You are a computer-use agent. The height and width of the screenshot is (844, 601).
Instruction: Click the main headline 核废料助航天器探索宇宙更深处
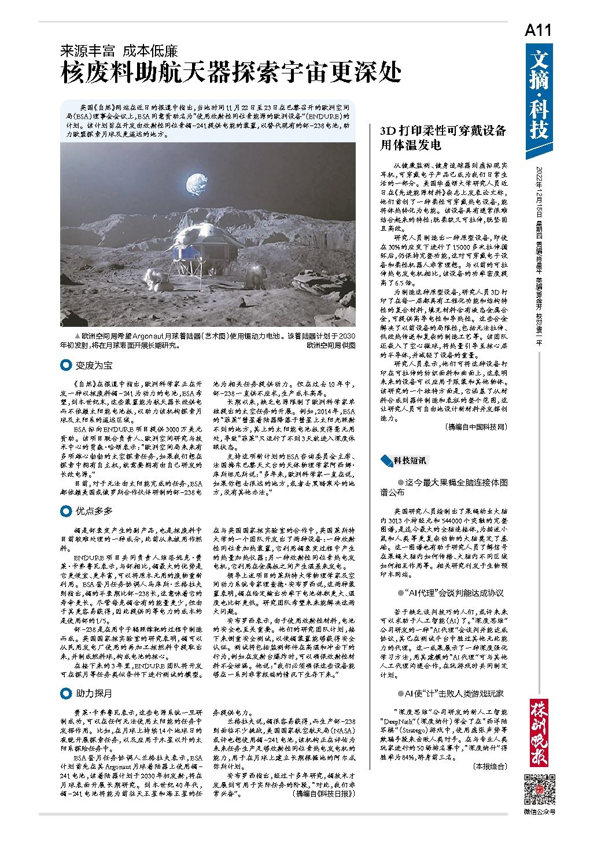click(x=231, y=74)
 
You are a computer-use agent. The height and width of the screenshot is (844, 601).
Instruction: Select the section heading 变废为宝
click(x=93, y=365)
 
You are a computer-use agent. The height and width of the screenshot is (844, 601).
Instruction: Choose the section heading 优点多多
click(x=93, y=511)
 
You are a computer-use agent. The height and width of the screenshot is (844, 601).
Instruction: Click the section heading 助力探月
click(x=93, y=693)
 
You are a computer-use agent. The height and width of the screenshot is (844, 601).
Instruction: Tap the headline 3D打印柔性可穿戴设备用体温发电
click(x=443, y=138)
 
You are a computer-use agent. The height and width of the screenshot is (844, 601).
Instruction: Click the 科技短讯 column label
click(x=410, y=460)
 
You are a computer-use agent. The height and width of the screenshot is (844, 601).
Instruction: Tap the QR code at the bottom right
click(x=539, y=788)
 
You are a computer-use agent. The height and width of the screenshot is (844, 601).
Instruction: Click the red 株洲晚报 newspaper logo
click(x=539, y=732)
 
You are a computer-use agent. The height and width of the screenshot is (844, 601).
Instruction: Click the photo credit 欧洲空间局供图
click(x=330, y=345)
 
